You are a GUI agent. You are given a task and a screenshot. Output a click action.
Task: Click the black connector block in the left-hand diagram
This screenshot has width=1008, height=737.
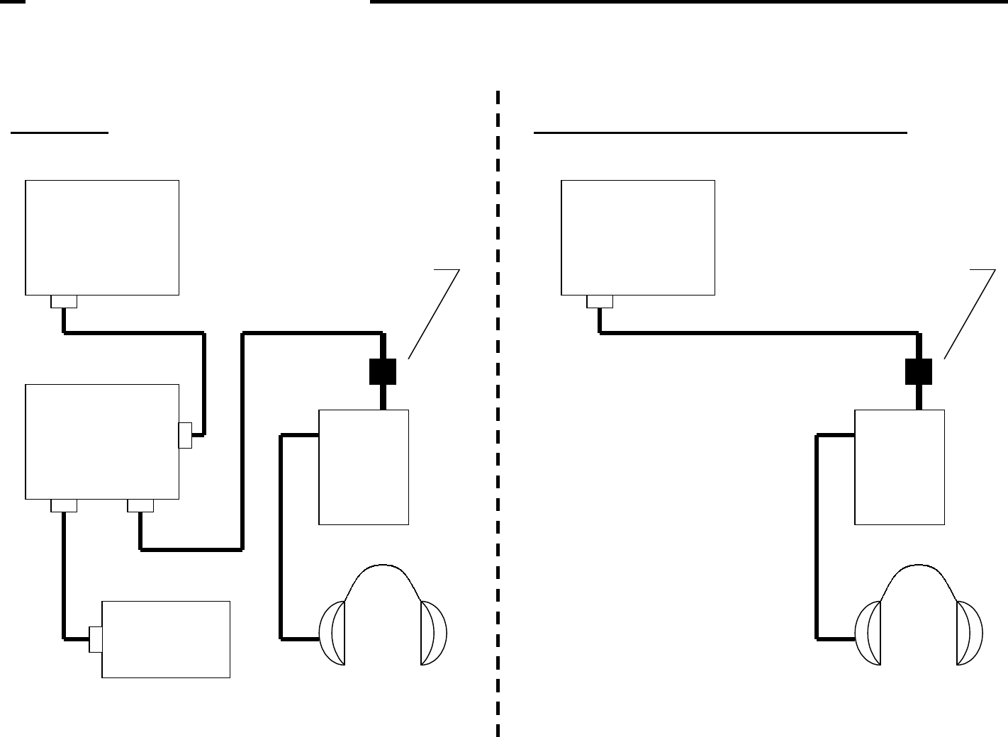pos(383,371)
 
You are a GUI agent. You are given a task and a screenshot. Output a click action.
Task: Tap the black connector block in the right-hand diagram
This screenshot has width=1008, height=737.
pos(919,371)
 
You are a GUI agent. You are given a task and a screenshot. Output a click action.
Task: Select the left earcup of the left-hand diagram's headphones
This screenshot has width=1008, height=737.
pos(332,633)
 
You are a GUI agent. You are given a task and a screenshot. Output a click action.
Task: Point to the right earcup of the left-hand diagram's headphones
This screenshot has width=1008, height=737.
pos(433,633)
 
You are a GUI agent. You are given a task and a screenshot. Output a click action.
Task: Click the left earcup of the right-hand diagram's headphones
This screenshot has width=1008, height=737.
pos(868,633)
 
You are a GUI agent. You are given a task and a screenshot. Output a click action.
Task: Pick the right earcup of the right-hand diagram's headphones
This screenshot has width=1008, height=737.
pos(969,633)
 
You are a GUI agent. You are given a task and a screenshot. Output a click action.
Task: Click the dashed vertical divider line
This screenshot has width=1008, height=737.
pos(498,425)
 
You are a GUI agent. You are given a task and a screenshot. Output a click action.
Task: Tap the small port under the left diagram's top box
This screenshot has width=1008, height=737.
pos(64,302)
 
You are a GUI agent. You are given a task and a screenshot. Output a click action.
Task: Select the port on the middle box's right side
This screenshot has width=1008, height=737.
pos(185,435)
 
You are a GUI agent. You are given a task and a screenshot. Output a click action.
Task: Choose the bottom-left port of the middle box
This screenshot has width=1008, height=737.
pos(64,505)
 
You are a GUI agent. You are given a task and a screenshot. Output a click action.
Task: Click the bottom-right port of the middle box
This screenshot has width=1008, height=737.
pos(140,505)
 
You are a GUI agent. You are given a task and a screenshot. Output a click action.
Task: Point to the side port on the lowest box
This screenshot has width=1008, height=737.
pos(95,639)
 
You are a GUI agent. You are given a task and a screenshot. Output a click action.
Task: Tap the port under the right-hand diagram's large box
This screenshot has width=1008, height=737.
pos(600,302)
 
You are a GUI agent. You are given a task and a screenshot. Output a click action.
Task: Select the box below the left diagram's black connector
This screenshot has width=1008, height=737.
pos(364,467)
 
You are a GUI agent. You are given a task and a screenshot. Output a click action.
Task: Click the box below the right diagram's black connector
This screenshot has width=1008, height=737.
pos(900,467)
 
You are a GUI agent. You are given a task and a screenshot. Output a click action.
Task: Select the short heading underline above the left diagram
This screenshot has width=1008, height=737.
pos(60,133)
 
